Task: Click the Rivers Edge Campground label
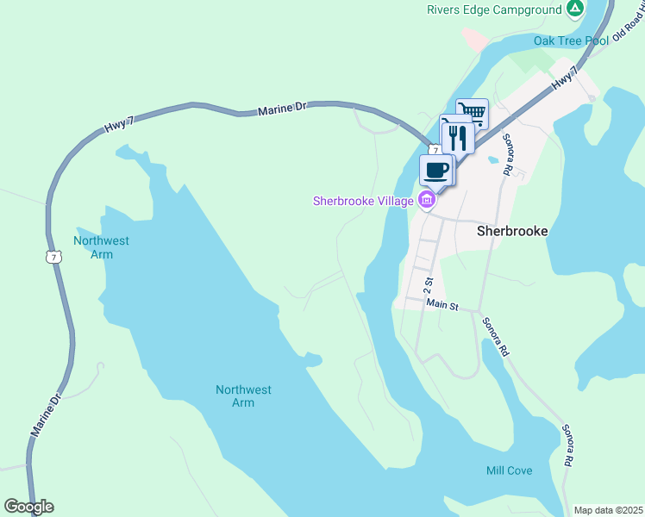click(493, 10)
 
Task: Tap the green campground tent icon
click(575, 9)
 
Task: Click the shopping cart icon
click(473, 113)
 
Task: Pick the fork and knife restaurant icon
click(457, 136)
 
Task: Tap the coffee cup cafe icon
click(436, 169)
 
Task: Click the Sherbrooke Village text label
click(363, 201)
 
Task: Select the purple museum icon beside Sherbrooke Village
click(425, 201)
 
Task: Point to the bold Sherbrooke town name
click(513, 232)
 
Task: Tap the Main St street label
click(440, 305)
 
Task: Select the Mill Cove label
click(509, 470)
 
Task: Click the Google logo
click(28, 507)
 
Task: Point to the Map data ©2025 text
click(608, 510)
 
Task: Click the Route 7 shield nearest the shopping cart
click(436, 150)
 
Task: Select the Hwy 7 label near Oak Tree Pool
click(563, 78)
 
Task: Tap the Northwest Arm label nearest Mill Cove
click(243, 396)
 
